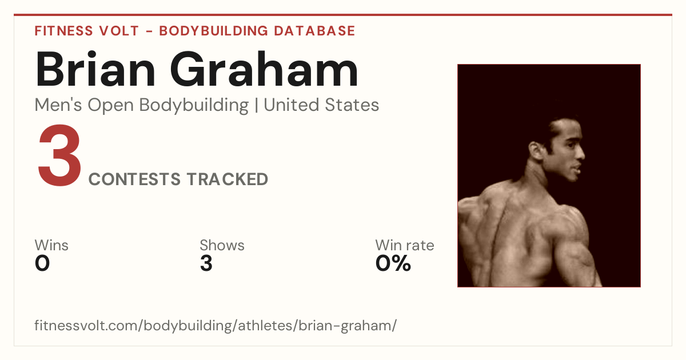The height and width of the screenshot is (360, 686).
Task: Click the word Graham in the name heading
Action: [x=264, y=70]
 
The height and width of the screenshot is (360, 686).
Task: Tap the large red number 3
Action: [x=59, y=155]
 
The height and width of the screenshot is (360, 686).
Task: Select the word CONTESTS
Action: [x=134, y=179]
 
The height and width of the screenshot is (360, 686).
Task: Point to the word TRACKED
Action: [x=228, y=179]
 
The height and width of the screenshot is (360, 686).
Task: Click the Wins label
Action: [x=51, y=245]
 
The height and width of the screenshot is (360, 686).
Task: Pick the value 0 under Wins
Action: [x=42, y=263]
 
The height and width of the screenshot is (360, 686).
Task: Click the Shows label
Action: [x=222, y=245]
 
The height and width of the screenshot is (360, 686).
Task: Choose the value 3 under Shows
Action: [x=206, y=263]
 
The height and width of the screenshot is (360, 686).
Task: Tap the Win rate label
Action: [x=405, y=245]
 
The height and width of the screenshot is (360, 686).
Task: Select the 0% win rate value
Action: [x=393, y=263]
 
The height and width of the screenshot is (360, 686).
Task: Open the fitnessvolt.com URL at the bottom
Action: [x=216, y=325]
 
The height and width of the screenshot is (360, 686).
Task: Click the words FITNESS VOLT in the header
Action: [x=87, y=31]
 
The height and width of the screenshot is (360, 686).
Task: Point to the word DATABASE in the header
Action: [x=314, y=31]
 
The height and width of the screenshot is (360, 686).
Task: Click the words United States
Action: [x=321, y=105]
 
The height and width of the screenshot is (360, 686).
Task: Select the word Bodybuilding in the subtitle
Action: [x=194, y=106]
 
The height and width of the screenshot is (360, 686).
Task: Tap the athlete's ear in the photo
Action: [x=536, y=151]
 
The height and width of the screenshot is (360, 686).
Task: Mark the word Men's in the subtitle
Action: [x=58, y=105]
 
